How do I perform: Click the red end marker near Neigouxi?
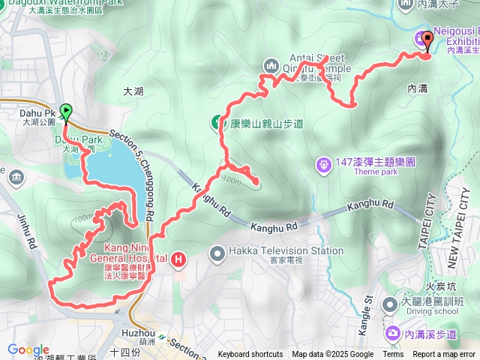tap(428, 40)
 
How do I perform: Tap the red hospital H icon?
tap(179, 260)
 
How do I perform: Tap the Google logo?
tap(28, 349)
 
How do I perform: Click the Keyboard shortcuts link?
tap(250, 355)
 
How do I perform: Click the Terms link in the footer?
tap(393, 355)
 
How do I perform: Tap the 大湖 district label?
tap(132, 91)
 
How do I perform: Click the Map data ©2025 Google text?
tap(333, 355)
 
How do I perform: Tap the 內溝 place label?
tap(418, 88)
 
